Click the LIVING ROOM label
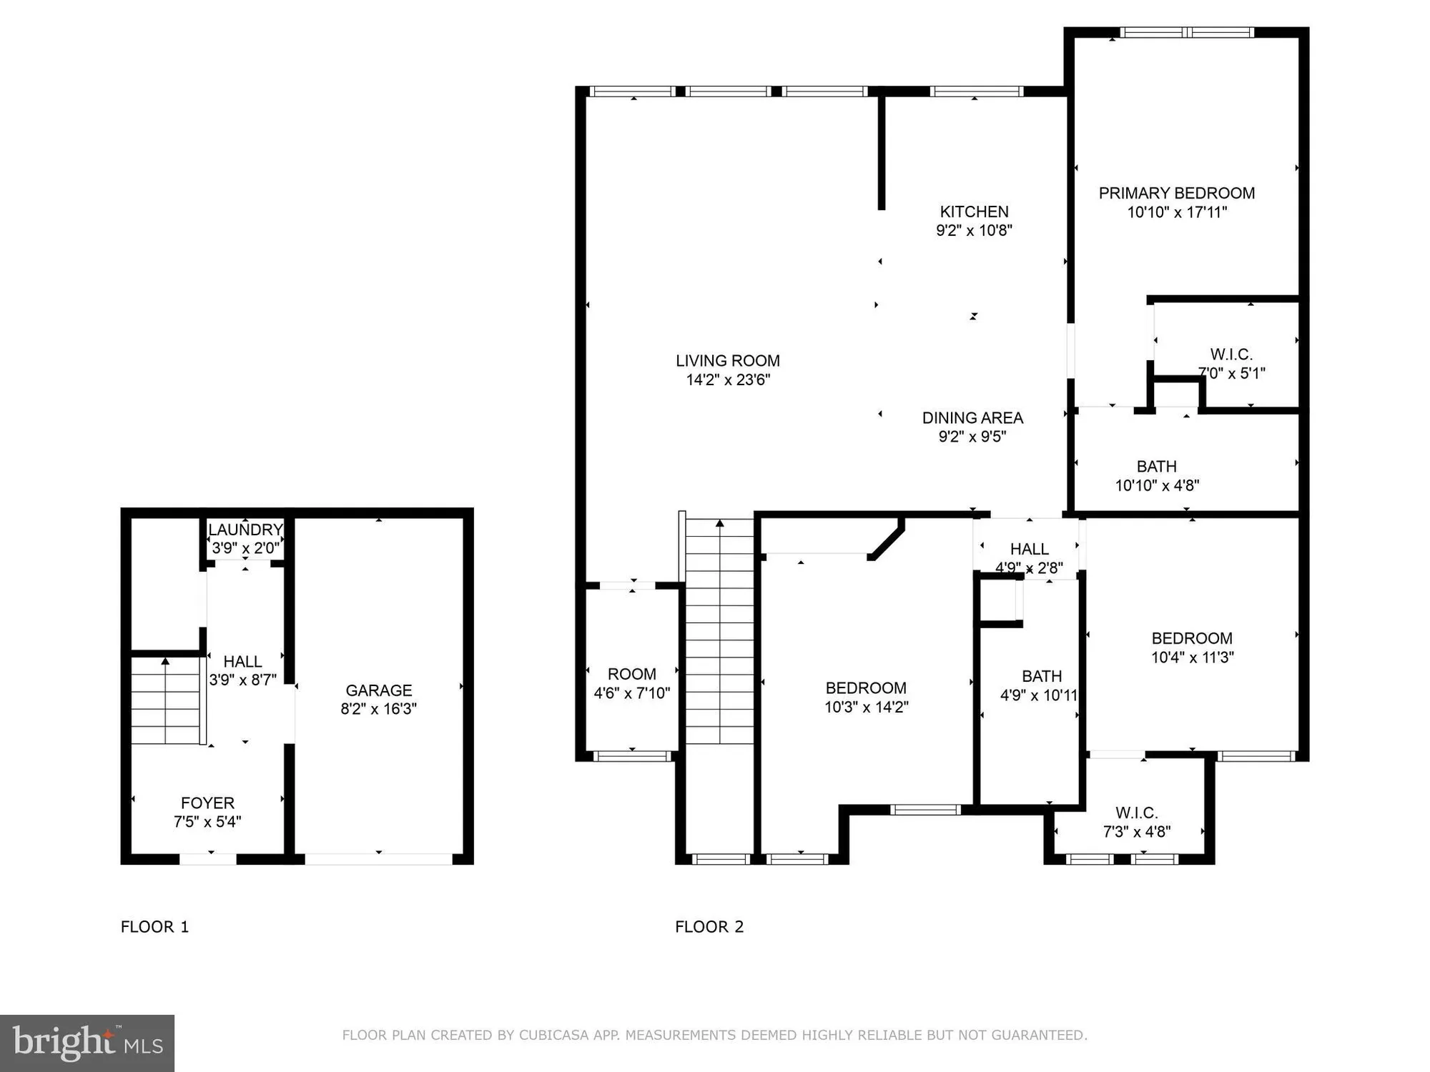pos(728,361)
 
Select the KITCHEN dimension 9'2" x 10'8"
pos(974,230)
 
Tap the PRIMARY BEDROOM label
pos(1176,193)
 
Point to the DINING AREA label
pos(972,418)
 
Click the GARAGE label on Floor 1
pos(378,690)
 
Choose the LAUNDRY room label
pos(245,530)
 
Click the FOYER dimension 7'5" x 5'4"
pos(207,822)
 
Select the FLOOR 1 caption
pos(154,927)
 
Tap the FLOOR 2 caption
pos(709,927)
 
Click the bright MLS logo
pos(87,1043)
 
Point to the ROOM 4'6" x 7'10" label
pos(631,683)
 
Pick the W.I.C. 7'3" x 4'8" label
pos(1136,822)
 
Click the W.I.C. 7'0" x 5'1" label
pos(1231,363)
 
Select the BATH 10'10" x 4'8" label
pos(1157,475)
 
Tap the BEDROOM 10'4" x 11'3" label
pos(1192,647)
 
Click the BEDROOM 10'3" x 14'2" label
pos(866,697)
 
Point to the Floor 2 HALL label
pos(1029,549)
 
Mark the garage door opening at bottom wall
pos(378,859)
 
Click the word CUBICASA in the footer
pos(554,1035)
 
